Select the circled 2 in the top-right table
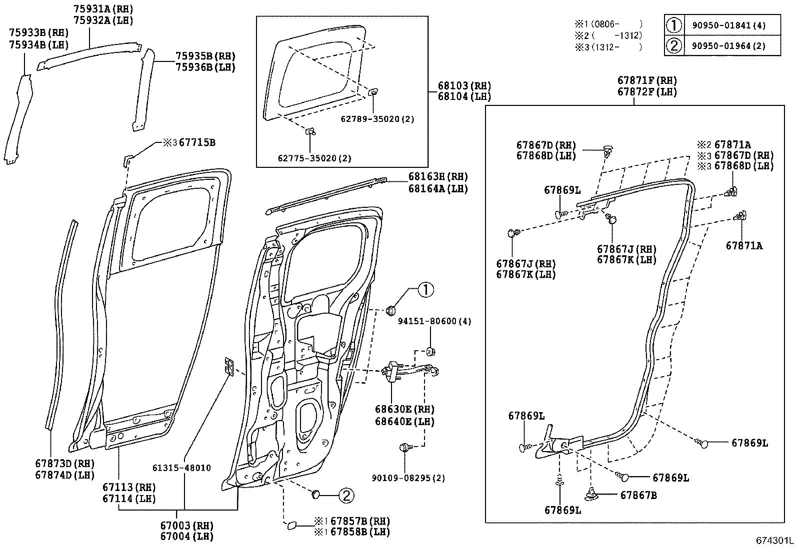pyautogui.click(x=674, y=46)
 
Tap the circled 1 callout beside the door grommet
pyautogui.click(x=425, y=290)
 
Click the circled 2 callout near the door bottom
pyautogui.click(x=346, y=495)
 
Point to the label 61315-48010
pyautogui.click(x=181, y=468)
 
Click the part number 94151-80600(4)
pyautogui.click(x=434, y=321)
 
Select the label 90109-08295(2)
pyautogui.click(x=408, y=478)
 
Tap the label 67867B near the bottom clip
pyautogui.click(x=638, y=496)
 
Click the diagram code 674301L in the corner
pyautogui.click(x=774, y=541)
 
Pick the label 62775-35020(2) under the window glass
pyautogui.click(x=314, y=158)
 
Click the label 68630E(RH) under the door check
pyautogui.click(x=404, y=409)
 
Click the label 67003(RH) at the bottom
pyautogui.click(x=186, y=526)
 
